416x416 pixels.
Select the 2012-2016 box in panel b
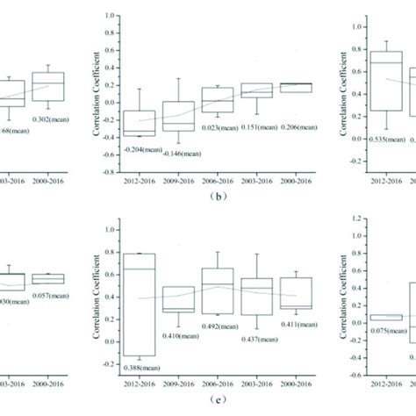coord(141,123)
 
